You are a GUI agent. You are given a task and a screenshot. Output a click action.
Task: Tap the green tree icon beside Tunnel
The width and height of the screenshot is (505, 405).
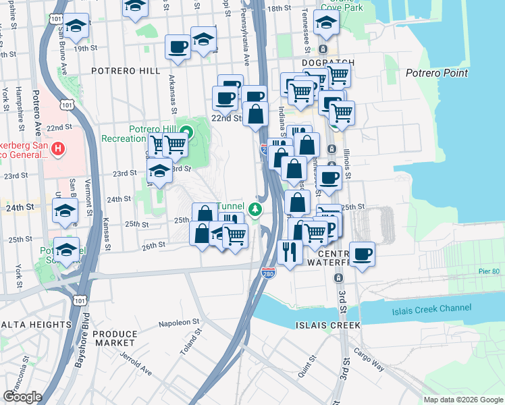(x=255, y=209)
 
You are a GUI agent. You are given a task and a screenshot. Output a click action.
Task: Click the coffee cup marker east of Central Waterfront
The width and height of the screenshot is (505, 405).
(x=362, y=254)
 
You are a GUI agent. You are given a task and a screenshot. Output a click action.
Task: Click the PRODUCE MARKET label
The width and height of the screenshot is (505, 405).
(x=115, y=339)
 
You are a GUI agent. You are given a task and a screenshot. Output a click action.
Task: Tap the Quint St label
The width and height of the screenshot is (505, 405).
(x=311, y=368)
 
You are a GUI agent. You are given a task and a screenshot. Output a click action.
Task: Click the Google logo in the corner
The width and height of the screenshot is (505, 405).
(x=22, y=397)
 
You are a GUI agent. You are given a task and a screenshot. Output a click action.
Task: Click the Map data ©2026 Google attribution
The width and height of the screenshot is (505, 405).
(x=462, y=400)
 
